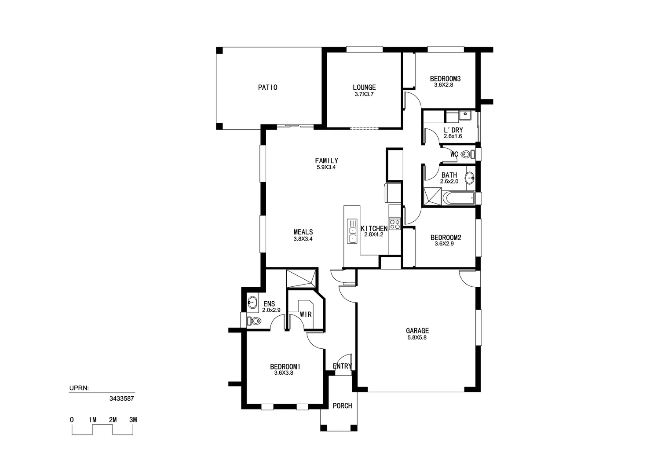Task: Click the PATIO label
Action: pyautogui.click(x=267, y=88)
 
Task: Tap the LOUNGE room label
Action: pyautogui.click(x=364, y=88)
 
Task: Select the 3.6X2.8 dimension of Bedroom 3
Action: pyautogui.click(x=443, y=85)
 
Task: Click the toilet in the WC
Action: pyautogui.click(x=467, y=154)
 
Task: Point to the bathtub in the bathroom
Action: pyautogui.click(x=459, y=198)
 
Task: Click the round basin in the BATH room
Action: pyautogui.click(x=470, y=178)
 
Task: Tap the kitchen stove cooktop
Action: pyautogui.click(x=394, y=224)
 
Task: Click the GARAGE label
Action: pyautogui.click(x=417, y=331)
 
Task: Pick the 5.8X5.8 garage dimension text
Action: pyautogui.click(x=417, y=338)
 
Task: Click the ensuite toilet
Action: pyautogui.click(x=255, y=321)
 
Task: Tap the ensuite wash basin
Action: pyautogui.click(x=252, y=302)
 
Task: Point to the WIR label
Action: pyautogui.click(x=306, y=314)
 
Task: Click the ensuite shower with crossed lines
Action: pyautogui.click(x=301, y=278)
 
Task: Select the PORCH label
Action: pyautogui.click(x=342, y=406)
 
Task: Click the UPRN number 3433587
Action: pyautogui.click(x=121, y=398)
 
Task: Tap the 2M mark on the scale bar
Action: pyautogui.click(x=113, y=420)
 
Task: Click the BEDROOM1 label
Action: pyautogui.click(x=285, y=366)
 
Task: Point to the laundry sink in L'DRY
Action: pyautogui.click(x=465, y=116)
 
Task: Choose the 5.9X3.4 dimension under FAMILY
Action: pyautogui.click(x=326, y=167)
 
